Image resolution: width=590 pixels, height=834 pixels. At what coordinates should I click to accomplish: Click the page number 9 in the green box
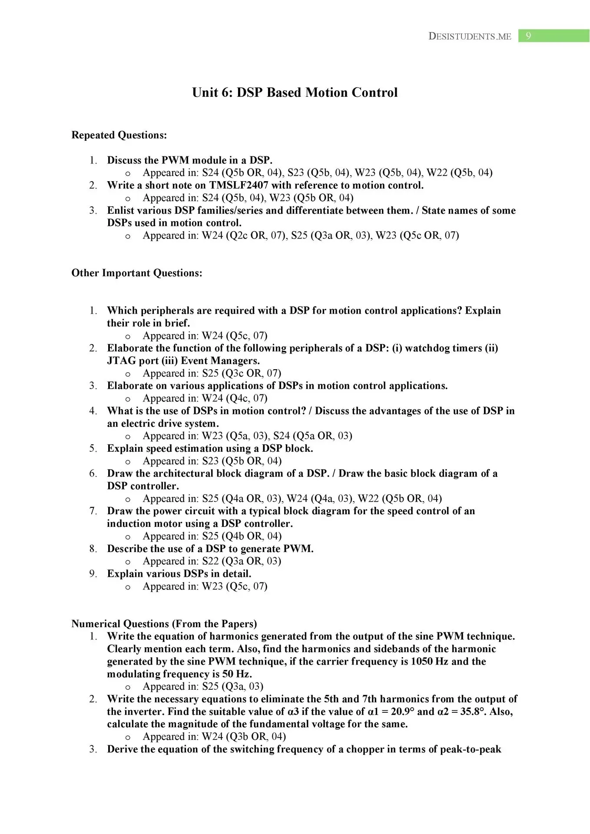(x=528, y=36)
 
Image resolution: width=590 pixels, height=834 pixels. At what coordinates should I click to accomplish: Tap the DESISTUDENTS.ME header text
(x=470, y=36)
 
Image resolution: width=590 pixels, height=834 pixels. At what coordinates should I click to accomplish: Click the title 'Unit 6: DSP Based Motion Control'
(x=295, y=93)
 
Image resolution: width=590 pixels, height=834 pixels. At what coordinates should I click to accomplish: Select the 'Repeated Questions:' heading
(x=119, y=135)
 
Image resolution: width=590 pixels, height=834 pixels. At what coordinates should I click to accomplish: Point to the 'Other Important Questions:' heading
(x=137, y=273)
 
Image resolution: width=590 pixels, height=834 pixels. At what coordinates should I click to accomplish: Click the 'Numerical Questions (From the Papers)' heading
(x=164, y=624)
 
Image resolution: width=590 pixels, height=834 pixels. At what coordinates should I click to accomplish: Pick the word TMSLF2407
(x=239, y=185)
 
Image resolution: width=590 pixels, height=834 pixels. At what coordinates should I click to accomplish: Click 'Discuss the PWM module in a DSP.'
(x=189, y=160)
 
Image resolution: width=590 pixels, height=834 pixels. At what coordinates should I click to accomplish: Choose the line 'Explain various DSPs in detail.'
(x=179, y=573)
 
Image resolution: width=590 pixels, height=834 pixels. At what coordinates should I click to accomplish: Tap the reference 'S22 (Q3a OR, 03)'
(x=242, y=561)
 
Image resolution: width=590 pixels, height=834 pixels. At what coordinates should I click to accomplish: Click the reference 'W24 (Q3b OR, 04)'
(x=244, y=737)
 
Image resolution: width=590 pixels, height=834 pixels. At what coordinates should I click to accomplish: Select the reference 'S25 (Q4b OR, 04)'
(x=242, y=536)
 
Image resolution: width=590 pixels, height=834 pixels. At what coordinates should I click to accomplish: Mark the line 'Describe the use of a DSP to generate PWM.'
(x=210, y=549)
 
